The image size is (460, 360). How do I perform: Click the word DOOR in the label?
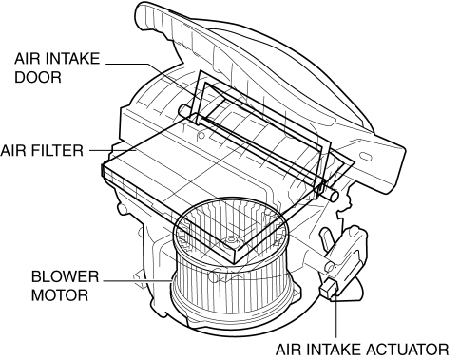pos(38,77)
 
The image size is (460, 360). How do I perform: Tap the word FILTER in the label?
pos(59,150)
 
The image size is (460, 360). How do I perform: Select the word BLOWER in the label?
pos(65,276)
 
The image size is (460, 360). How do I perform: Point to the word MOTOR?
pos(60,295)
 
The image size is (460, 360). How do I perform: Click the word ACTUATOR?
pos(408,350)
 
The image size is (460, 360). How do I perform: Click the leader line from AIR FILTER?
pos(113,150)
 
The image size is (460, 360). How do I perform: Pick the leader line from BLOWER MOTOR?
pos(138,280)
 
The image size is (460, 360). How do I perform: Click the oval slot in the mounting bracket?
pos(366,157)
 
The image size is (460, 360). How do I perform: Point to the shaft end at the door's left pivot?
pos(182,110)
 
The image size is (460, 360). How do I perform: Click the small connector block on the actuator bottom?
pos(330,289)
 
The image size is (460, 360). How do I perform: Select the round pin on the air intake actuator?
pos(330,268)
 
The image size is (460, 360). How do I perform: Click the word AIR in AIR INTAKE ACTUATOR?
pos(286,350)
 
